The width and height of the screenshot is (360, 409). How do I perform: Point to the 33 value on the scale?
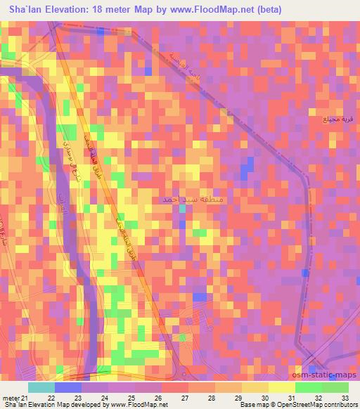tap(344, 398)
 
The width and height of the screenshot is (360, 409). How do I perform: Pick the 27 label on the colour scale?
tap(184, 398)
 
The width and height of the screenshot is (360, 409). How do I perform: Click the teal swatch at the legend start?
tap(41, 387)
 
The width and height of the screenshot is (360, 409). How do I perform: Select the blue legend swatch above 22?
tap(68, 387)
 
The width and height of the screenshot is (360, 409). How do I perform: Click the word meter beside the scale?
tap(10, 398)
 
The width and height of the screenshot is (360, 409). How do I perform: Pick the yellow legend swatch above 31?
tap(282, 387)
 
